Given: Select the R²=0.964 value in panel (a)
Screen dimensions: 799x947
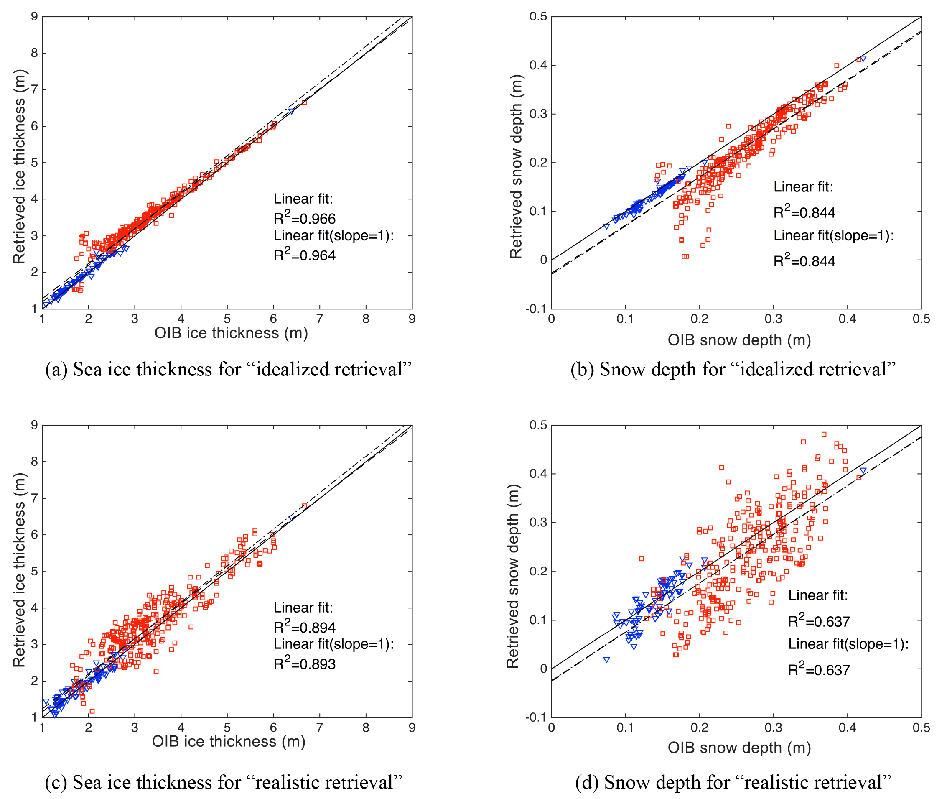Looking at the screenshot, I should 304,255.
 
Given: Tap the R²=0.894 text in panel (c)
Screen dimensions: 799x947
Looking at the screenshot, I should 304,627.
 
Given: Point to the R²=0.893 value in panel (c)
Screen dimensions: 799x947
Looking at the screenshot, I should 304,664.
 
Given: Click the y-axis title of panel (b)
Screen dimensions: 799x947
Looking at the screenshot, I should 516,166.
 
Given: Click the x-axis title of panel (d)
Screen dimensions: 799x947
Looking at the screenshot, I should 739,748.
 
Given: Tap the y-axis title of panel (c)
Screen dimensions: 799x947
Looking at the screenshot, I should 19,570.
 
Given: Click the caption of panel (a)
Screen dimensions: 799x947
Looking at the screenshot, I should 228,370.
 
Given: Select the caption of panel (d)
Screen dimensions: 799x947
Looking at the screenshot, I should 733,782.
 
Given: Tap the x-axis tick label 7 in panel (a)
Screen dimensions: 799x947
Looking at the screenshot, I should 320,319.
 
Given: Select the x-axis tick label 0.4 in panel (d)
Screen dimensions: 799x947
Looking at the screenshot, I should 847,728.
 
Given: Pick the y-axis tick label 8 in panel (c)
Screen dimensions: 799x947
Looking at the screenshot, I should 34,462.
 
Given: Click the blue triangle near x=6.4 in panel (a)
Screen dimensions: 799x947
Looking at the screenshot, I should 291,111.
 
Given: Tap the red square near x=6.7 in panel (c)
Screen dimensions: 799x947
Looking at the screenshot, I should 304,506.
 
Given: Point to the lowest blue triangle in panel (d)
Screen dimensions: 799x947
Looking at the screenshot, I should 606,660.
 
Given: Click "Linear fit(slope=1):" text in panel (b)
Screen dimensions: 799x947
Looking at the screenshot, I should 833,235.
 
